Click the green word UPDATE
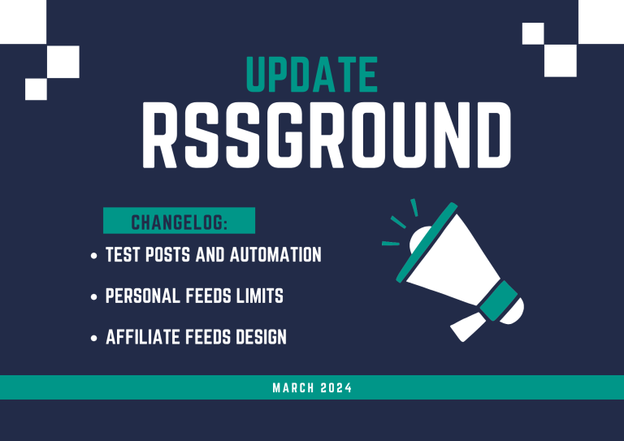pos(312,75)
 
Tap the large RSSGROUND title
pos(327,135)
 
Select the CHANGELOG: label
pos(179,223)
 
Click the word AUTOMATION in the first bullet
pos(275,254)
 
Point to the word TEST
pos(123,254)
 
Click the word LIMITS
pos(260,296)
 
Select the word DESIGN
pos(261,337)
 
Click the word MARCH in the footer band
pos(293,387)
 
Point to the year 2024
pos(336,387)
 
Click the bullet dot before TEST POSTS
pos(94,256)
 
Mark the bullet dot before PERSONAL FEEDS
pos(94,296)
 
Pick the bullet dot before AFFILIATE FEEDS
pos(94,338)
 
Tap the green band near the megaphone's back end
pos(499,300)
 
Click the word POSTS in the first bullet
pos(168,254)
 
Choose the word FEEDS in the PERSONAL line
pos(208,296)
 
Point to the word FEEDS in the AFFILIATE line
pos(208,337)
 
